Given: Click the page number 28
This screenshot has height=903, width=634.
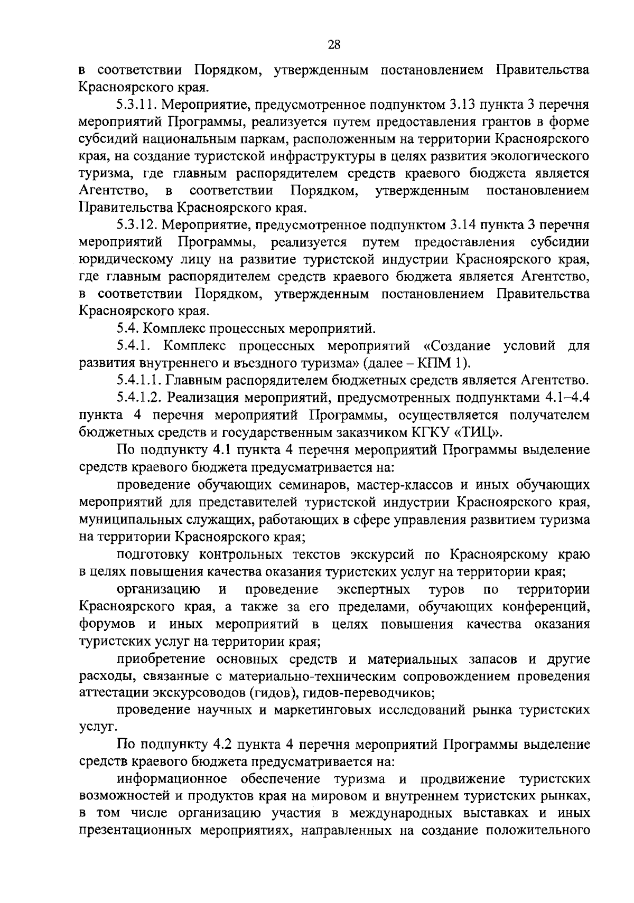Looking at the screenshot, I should tap(333, 45).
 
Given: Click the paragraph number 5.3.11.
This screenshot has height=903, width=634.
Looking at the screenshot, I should tap(136, 105).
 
